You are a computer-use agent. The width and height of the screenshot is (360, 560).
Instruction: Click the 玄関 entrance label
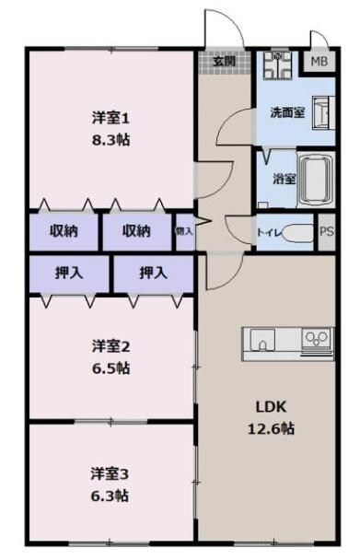point(224,62)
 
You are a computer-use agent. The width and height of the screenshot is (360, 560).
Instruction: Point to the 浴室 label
point(283,179)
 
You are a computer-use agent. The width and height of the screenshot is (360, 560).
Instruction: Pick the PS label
point(326,232)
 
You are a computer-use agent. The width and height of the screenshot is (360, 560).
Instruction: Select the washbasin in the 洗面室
point(323,113)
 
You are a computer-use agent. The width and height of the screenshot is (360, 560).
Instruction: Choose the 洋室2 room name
point(110,347)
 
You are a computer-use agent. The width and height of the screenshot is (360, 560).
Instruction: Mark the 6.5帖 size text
point(110,368)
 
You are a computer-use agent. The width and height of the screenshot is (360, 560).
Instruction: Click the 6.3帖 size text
point(110,496)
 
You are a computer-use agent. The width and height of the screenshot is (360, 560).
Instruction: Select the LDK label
point(269,406)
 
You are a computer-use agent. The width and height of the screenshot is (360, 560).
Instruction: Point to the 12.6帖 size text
point(269,428)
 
